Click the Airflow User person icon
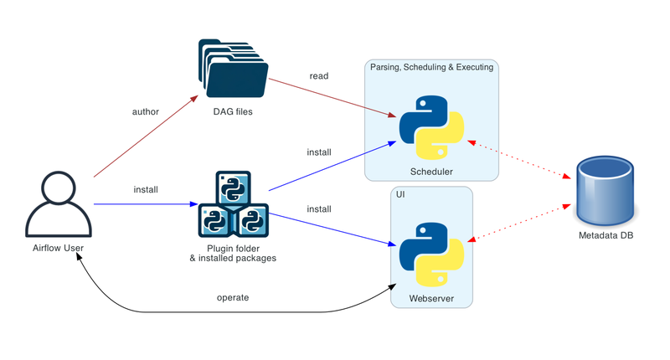pyautogui.click(x=59, y=204)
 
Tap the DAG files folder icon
pyautogui.click(x=234, y=69)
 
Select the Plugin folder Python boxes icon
pyautogui.click(x=234, y=204)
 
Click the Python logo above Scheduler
pyautogui.click(x=431, y=127)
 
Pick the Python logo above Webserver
pyautogui.click(x=431, y=255)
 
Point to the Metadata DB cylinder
pyautogui.click(x=605, y=191)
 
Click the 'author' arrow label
pyautogui.click(x=145, y=112)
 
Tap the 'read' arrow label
pyautogui.click(x=319, y=76)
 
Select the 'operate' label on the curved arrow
pyautogui.click(x=233, y=298)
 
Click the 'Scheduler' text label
pyautogui.click(x=431, y=172)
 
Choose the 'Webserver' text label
pyautogui.click(x=431, y=299)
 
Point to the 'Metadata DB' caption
pyautogui.click(x=606, y=235)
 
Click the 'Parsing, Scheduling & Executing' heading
pyautogui.click(x=431, y=67)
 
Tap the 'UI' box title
pyautogui.click(x=400, y=195)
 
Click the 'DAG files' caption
pyautogui.click(x=233, y=112)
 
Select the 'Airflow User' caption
pyautogui.click(x=58, y=248)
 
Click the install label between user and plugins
pyautogui.click(x=146, y=189)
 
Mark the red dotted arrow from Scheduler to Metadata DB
pyautogui.click(x=519, y=159)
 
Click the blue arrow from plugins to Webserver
pyautogui.click(x=332, y=229)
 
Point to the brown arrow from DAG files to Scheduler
pyautogui.click(x=332, y=98)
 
